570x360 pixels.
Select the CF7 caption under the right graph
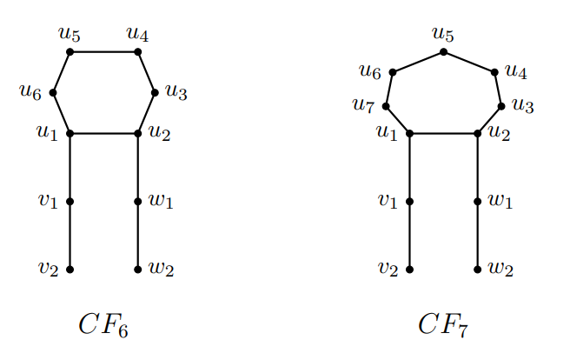443,324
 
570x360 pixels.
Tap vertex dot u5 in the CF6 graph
70,52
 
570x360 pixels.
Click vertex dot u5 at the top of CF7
443,52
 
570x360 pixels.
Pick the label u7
363,105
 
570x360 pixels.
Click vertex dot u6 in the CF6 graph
53,92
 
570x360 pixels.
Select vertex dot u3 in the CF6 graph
155,92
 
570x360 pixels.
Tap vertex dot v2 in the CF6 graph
70,270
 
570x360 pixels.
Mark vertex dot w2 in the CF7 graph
478,270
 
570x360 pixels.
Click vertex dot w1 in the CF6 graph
138,202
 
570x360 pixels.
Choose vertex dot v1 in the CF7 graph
409,202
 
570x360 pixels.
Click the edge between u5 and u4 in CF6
104,52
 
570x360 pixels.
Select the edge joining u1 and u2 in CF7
443,134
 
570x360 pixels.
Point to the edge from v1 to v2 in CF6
70,236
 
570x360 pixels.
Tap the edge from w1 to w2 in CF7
478,236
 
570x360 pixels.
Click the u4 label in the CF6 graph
138,34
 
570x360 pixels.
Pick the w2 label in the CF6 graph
162,270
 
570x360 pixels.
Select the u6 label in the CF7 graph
370,73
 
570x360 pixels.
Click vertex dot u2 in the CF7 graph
478,134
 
